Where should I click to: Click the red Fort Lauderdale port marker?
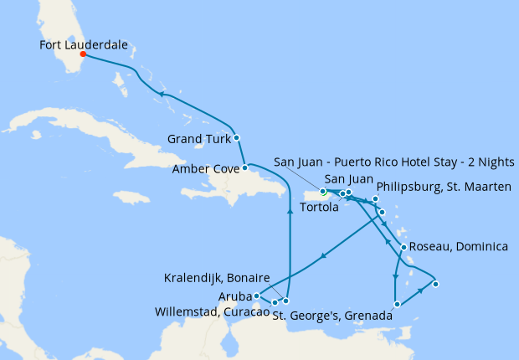[x=82, y=55]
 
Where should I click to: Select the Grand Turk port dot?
[x=237, y=137]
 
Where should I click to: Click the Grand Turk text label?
[x=198, y=138]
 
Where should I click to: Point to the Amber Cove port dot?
[x=245, y=168]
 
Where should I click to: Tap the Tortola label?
[x=319, y=208]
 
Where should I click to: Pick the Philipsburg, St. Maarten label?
[x=444, y=187]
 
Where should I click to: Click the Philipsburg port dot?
[x=376, y=199]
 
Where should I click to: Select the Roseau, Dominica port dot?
[x=403, y=247]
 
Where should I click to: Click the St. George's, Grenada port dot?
[x=396, y=305]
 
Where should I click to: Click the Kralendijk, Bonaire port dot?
[x=286, y=301]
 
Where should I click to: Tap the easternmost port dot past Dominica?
[x=435, y=284]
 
